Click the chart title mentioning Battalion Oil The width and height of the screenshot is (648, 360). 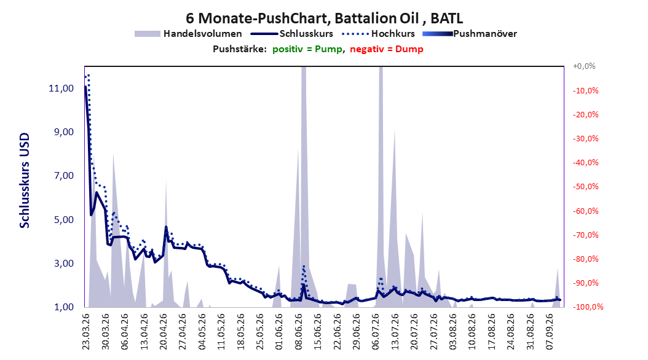[324, 18]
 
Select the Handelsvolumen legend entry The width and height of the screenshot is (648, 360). [188, 34]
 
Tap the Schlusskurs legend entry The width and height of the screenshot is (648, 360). [292, 34]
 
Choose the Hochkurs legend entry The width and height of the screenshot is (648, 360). [378, 34]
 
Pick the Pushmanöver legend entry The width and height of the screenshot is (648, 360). [470, 34]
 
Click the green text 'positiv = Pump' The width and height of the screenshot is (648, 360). [307, 49]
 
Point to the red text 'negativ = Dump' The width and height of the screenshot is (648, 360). [387, 49]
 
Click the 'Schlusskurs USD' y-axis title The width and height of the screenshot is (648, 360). [25, 181]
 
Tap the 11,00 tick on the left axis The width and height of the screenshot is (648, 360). [61, 88]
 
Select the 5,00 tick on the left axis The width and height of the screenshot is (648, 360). [64, 220]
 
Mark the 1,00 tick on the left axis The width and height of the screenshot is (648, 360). [64, 307]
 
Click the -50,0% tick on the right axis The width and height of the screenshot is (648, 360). [585, 187]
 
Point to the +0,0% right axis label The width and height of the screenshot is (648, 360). [584, 66]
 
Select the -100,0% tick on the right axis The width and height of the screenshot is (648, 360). [588, 307]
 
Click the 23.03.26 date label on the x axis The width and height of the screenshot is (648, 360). [86, 332]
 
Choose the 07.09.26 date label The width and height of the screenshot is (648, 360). [550, 332]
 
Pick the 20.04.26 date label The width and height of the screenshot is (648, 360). [164, 332]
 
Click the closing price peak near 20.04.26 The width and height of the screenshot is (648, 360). [166, 227]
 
